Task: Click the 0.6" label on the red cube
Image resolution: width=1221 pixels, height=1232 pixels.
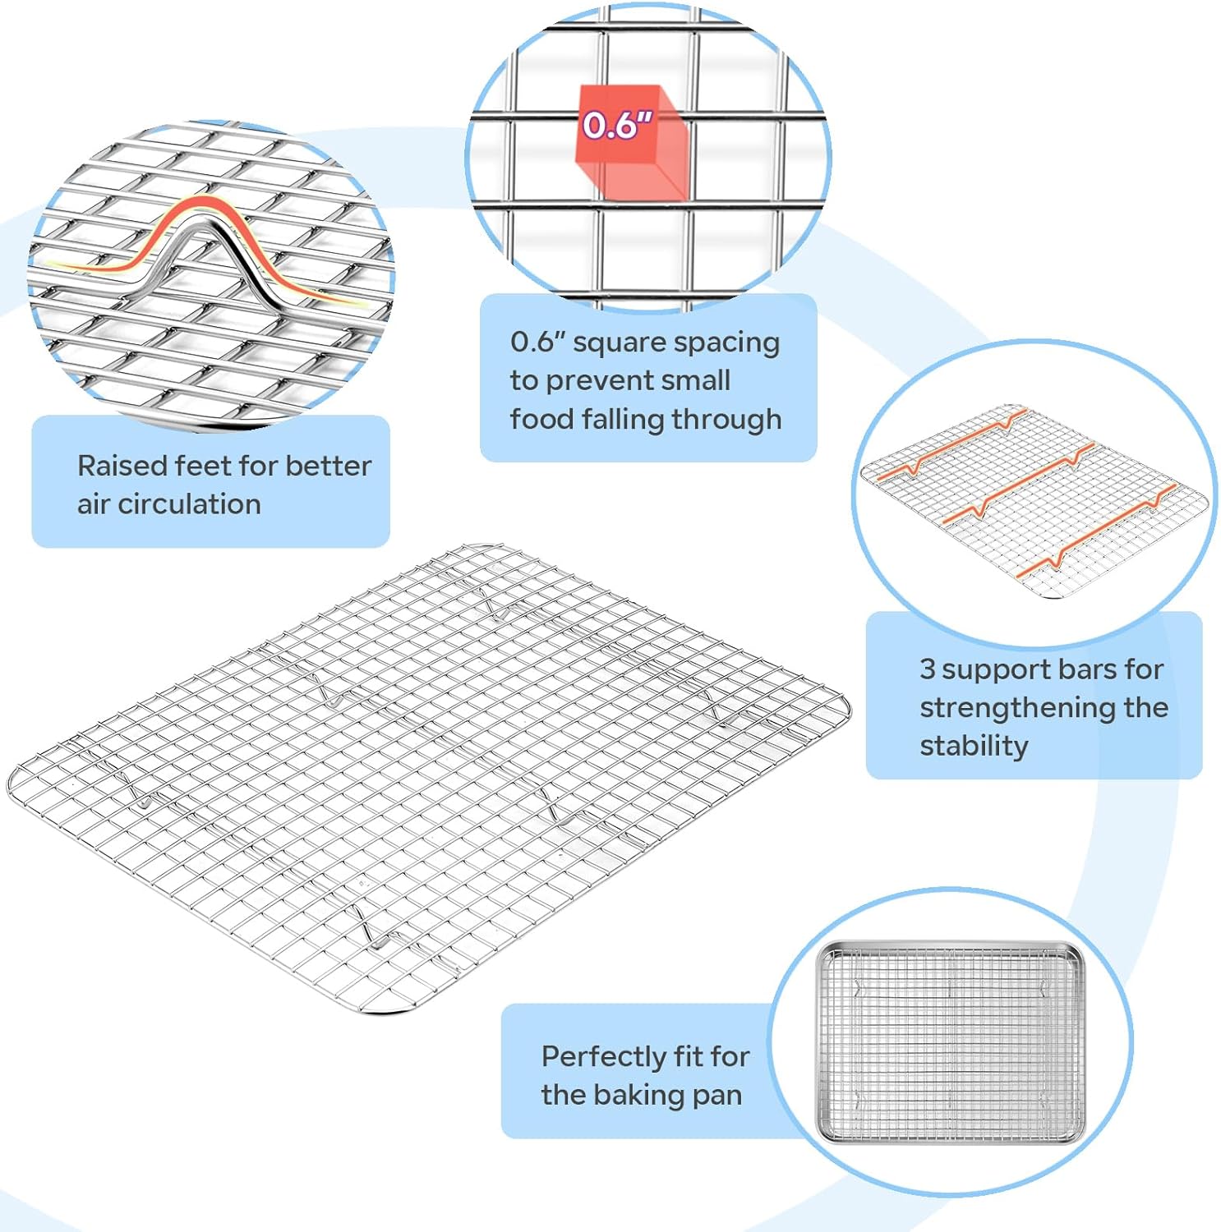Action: click(x=617, y=125)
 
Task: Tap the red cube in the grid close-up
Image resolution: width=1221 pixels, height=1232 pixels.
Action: click(x=631, y=141)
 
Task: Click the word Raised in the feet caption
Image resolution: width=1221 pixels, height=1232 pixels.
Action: click(x=122, y=466)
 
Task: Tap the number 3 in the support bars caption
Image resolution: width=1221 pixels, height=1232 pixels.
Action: click(x=928, y=669)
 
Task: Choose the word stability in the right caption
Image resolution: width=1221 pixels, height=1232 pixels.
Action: click(x=974, y=746)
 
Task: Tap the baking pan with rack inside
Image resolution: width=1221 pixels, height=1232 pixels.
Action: click(x=949, y=1044)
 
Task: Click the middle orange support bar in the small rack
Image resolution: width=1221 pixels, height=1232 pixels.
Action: click(x=1020, y=484)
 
